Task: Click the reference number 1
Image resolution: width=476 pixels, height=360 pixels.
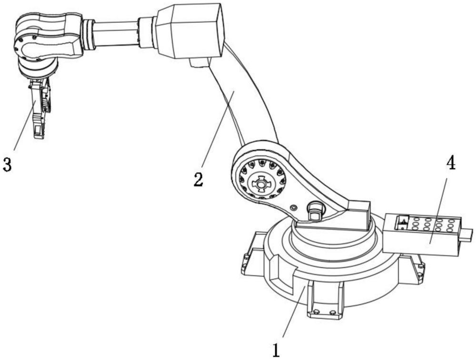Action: pos(277,350)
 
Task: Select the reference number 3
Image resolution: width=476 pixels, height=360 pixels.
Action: pos(7,165)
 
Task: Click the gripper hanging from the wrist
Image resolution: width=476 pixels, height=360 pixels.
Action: pos(40,107)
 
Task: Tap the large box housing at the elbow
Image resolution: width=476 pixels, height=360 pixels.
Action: pos(190,31)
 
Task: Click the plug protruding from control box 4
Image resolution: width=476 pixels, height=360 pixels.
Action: pos(466,235)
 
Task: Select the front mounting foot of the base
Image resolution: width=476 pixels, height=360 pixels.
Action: pos(325,300)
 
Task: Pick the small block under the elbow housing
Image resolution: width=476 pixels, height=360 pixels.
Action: pos(198,62)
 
